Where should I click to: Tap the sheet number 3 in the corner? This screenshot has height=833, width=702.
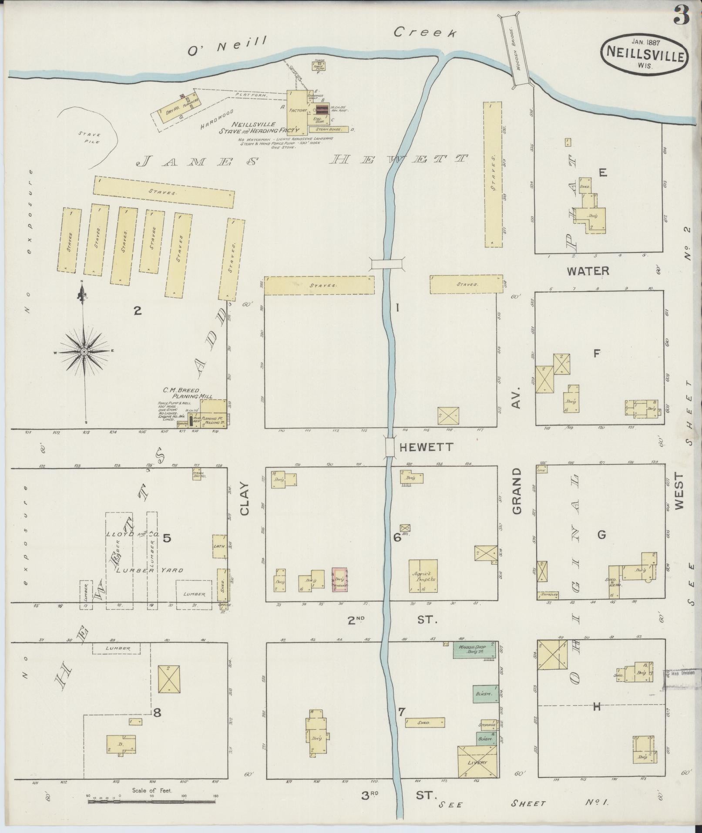click(x=682, y=16)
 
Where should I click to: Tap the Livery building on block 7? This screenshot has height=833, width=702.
click(x=477, y=761)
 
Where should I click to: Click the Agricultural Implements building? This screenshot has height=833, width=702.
click(x=423, y=576)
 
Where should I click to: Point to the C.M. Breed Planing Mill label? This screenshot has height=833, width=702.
click(x=188, y=393)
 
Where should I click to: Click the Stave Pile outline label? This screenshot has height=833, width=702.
click(x=90, y=138)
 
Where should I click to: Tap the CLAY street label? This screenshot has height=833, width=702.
click(x=244, y=499)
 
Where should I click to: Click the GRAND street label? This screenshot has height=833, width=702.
click(x=517, y=491)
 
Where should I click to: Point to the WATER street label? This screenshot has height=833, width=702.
click(x=588, y=271)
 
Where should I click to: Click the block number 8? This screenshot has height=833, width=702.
click(x=157, y=713)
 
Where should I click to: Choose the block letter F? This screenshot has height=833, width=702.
click(x=597, y=353)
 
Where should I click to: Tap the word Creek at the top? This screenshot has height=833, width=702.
click(x=425, y=33)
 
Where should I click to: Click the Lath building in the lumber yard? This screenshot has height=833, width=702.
click(x=219, y=546)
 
